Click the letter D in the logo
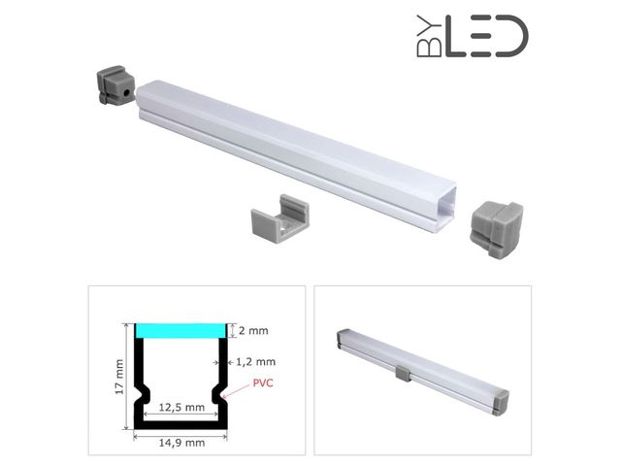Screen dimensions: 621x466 (x=511, y=37)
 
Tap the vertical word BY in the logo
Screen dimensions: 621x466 (x=429, y=37)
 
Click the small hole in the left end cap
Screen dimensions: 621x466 (x=127, y=93)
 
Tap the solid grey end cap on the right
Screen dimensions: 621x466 (x=496, y=229)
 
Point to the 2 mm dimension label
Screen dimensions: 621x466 (x=253, y=330)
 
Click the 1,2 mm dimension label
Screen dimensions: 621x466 (x=256, y=362)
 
